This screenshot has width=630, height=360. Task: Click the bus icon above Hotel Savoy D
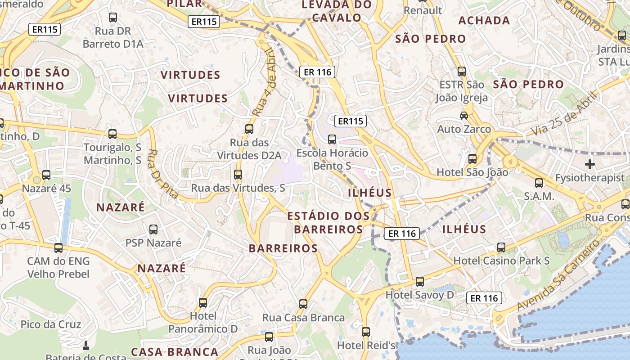420,282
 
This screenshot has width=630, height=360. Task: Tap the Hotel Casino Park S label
501,261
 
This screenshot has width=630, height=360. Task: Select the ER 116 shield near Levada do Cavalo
318,72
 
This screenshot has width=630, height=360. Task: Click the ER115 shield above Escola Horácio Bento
351,121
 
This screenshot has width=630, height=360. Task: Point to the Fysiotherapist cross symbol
589,164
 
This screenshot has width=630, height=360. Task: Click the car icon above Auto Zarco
464,116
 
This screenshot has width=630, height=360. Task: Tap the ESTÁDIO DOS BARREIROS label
328,222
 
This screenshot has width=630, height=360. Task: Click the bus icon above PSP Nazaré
153,229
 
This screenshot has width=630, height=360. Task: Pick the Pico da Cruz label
51,324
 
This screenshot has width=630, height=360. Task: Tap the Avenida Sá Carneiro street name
559,275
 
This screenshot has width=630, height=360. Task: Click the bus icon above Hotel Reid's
366,332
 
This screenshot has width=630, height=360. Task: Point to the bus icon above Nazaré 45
46,175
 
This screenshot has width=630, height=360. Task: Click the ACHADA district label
484,20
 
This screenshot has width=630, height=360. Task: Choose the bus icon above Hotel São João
472,159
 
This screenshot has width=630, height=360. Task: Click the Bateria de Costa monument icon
86,346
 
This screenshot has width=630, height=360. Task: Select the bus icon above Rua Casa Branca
303,304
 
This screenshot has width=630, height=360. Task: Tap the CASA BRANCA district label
175,351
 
